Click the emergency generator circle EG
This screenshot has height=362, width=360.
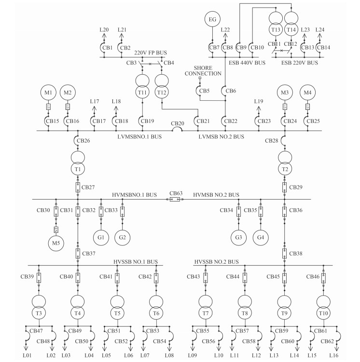[212, 19]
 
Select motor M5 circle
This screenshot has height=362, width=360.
[55, 243]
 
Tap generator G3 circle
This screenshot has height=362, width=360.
[238, 238]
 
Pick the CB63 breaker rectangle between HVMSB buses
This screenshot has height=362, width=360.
[175, 199]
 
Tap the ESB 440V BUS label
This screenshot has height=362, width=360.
[247, 63]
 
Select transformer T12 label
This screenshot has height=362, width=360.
[162, 93]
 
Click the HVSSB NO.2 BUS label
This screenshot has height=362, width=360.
[217, 262]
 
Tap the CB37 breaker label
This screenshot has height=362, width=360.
[89, 253]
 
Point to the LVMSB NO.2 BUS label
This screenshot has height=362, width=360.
[222, 137]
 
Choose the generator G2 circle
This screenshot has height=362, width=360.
[123, 238]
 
